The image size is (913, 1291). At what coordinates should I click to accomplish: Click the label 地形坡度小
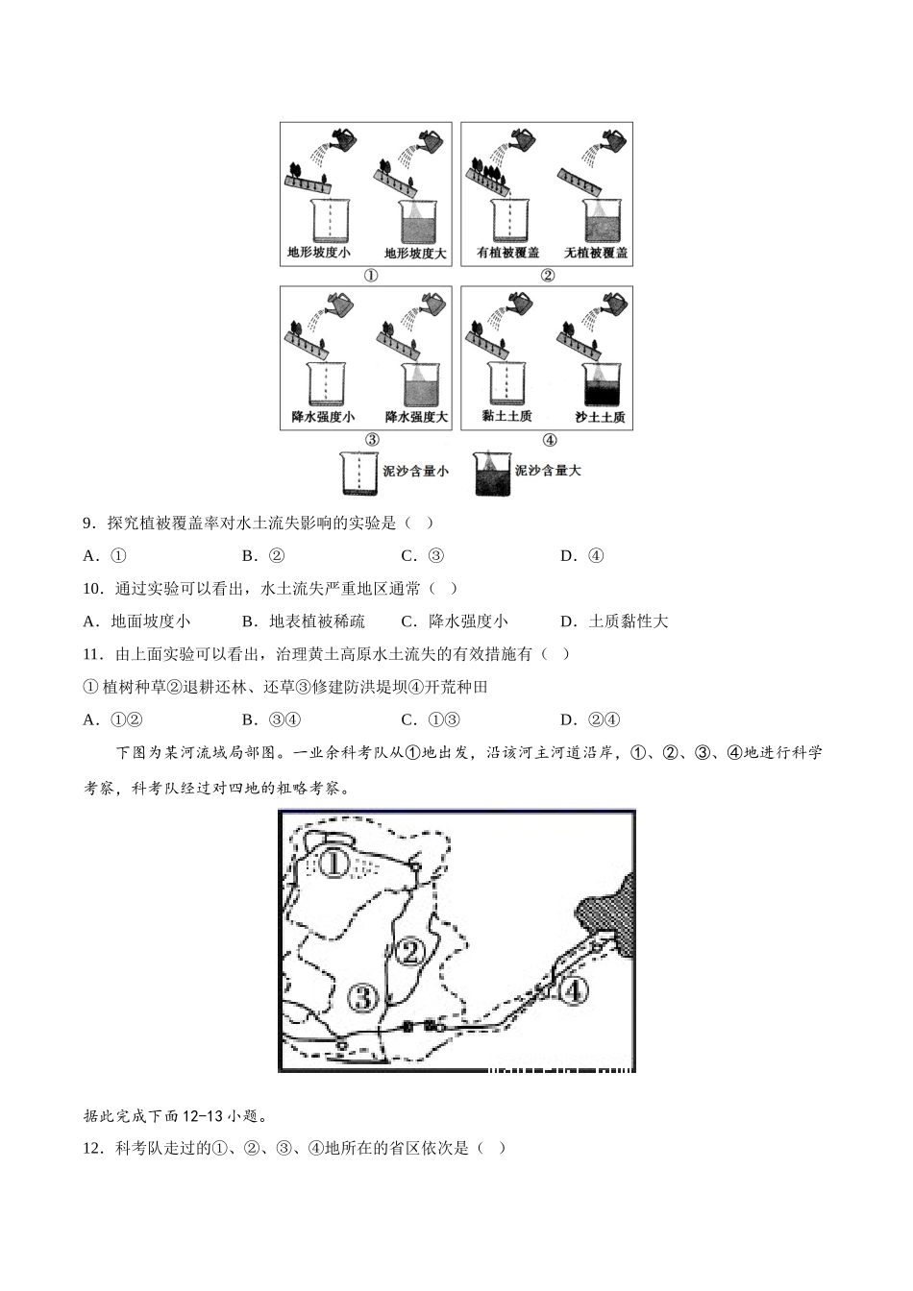[x=318, y=254]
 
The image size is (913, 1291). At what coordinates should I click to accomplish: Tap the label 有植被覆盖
[x=507, y=254]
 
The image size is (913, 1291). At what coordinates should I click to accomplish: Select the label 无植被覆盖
[x=596, y=254]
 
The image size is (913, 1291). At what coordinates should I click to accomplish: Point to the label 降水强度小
[x=322, y=417]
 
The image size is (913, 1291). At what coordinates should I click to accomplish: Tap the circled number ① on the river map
[x=333, y=863]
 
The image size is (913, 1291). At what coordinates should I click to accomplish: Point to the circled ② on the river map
[x=410, y=953]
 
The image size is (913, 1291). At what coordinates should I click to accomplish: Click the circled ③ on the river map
[x=362, y=999]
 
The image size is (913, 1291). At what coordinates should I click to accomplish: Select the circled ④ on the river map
[x=573, y=990]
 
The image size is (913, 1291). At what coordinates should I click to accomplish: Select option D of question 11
[x=590, y=719]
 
